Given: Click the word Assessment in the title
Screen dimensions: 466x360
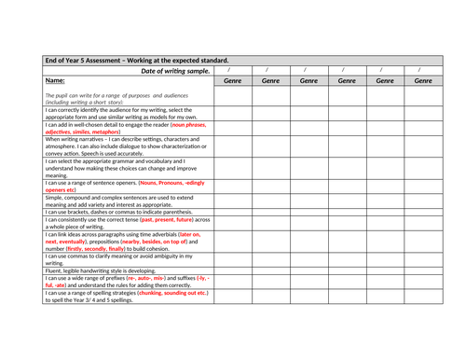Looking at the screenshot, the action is point(97,61).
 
